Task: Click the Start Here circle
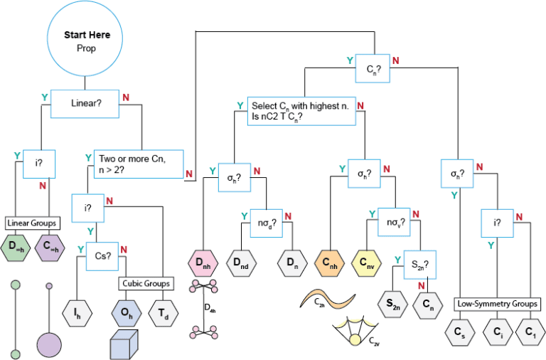click(85, 38)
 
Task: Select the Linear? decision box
click(85, 103)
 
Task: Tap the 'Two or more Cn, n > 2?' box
click(139, 164)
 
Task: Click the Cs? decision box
click(102, 256)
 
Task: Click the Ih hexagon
click(77, 313)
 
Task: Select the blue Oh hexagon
click(127, 313)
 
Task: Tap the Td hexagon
click(164, 313)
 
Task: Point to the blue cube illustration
click(124, 344)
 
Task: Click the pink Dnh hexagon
click(203, 263)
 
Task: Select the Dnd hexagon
click(241, 263)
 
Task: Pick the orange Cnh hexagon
click(329, 263)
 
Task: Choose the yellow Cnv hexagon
click(366, 263)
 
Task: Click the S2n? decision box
click(420, 265)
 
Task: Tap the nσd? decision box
click(267, 223)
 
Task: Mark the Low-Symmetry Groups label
click(497, 304)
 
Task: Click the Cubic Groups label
click(146, 284)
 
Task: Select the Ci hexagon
click(498, 332)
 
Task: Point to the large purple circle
click(49, 345)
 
